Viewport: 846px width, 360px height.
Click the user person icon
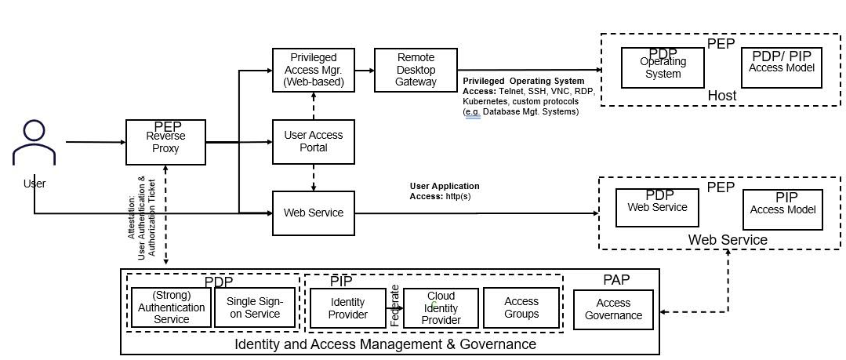click(x=34, y=143)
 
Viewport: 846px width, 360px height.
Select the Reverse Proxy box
click(x=165, y=142)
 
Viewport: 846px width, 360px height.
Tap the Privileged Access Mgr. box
click(x=313, y=69)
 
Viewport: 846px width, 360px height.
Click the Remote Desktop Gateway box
click(x=416, y=69)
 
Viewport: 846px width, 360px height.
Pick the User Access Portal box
click(x=313, y=141)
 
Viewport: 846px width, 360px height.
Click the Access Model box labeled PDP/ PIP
click(x=782, y=67)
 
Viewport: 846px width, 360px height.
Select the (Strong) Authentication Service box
click(x=171, y=307)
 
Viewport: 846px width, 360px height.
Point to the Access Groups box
click(x=521, y=307)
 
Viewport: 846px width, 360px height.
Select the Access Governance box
click(x=613, y=309)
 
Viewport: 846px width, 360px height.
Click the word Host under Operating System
click(x=722, y=96)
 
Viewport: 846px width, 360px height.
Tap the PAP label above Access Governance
click(x=616, y=280)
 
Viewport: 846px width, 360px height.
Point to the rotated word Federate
click(x=395, y=305)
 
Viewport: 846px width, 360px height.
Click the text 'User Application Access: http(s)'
click(x=444, y=191)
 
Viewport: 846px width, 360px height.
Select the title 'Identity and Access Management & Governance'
click(x=385, y=344)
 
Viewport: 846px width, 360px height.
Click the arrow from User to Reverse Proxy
click(x=96, y=143)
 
